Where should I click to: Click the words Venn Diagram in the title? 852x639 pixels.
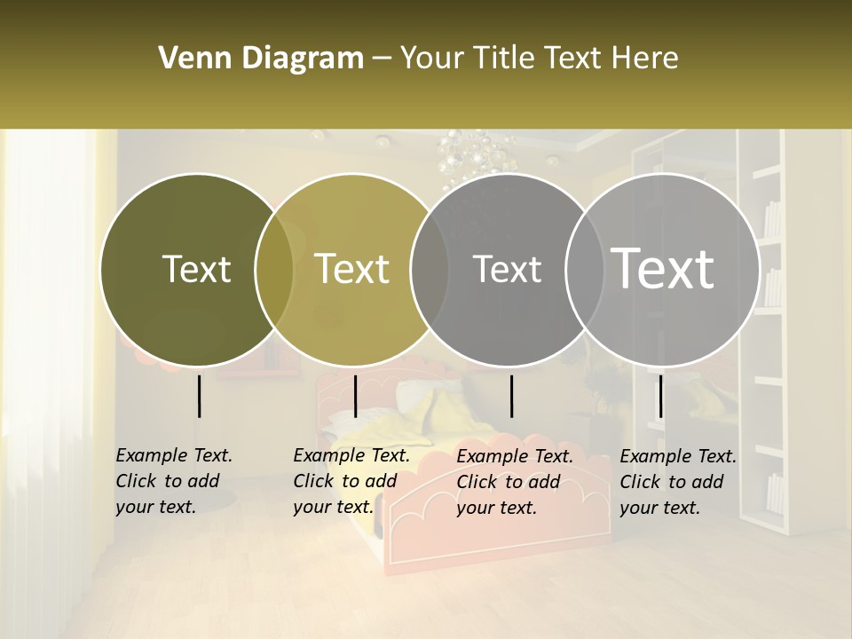[261, 59]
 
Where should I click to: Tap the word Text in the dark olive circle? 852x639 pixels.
[196, 269]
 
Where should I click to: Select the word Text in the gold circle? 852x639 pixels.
[352, 269]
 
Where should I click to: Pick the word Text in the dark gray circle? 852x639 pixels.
[507, 269]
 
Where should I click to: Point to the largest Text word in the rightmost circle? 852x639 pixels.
[663, 269]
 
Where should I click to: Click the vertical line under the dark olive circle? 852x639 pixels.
[199, 396]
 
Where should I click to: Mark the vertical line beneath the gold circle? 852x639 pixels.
[355, 396]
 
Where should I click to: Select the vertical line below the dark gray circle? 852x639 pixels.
[511, 396]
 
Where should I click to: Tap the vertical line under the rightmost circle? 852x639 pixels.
[660, 396]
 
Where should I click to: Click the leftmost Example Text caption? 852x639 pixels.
[174, 481]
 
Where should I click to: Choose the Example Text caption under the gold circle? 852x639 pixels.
[351, 481]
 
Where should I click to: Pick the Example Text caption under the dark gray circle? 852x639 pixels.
[515, 482]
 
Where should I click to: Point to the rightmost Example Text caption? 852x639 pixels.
[678, 482]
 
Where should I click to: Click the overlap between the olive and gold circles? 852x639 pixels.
[274, 269]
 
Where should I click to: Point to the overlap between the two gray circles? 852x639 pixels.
[585, 269]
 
